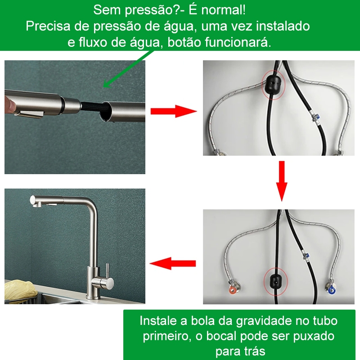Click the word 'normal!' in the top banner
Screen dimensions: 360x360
(x=223, y=10)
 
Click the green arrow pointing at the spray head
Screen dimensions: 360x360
(x=128, y=69)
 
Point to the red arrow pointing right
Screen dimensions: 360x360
(x=174, y=111)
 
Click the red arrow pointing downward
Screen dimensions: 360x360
(x=282, y=181)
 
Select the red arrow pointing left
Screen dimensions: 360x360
(x=173, y=263)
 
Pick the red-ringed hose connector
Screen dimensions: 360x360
(x=233, y=289)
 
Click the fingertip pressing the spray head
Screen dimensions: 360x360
(x=9, y=104)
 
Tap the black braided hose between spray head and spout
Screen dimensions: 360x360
(x=92, y=108)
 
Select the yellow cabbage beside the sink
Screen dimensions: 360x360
(x=21, y=290)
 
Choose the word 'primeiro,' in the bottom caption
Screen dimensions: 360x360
(x=167, y=336)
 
